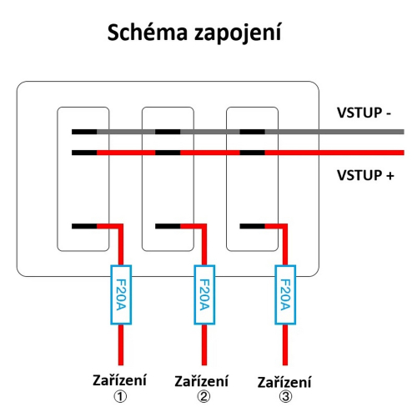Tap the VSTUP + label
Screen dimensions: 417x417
[365, 175]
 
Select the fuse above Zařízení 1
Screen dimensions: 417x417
[121, 294]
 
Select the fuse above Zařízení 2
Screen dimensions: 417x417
[203, 294]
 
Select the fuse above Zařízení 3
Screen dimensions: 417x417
[285, 294]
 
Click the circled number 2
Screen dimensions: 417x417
[203, 396]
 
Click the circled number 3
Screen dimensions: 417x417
[284, 397]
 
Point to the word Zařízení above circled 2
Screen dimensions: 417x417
[203, 381]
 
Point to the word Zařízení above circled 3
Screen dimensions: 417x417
[284, 382]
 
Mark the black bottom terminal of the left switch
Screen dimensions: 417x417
[84, 225]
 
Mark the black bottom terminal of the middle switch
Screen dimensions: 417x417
[168, 225]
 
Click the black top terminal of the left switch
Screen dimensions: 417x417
[84, 132]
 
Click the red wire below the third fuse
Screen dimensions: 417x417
[285, 346]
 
